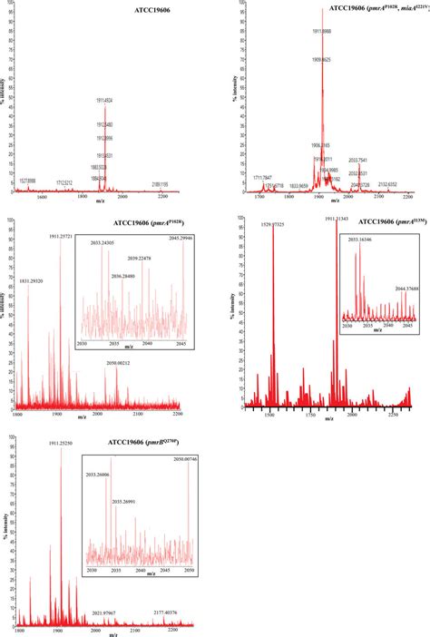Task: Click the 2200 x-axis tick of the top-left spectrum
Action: tap(163, 197)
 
